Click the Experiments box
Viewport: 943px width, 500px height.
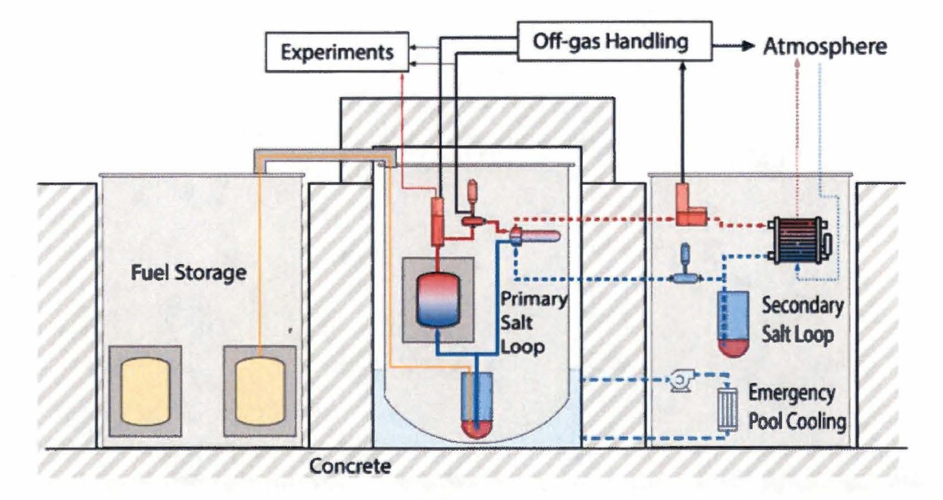coord(338,53)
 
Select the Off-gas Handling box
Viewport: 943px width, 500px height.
coord(615,41)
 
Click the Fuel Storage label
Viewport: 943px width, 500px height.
coord(187,274)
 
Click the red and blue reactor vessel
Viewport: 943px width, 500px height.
coord(440,298)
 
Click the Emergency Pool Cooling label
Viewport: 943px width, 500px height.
coord(796,407)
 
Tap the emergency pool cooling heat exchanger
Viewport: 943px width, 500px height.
coord(728,410)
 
